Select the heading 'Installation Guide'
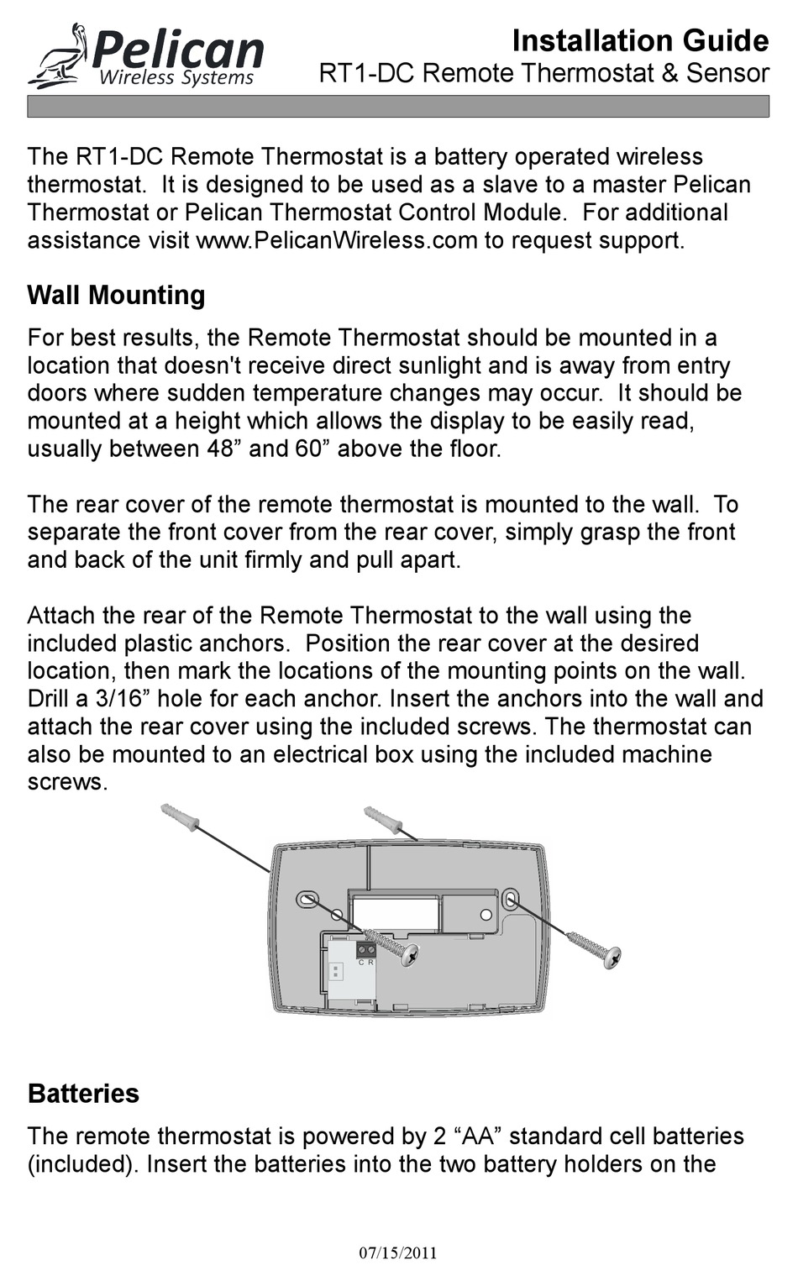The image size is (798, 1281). click(x=640, y=40)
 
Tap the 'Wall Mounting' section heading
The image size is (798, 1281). click(x=116, y=295)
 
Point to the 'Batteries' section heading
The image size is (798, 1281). click(x=83, y=1093)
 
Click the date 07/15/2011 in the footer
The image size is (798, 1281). click(x=398, y=1253)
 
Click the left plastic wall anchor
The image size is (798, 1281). click(x=179, y=816)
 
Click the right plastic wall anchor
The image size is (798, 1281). click(x=383, y=819)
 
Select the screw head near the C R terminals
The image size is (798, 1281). click(x=409, y=955)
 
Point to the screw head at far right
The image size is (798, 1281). click(x=612, y=956)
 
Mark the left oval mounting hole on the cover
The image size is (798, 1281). click(x=307, y=899)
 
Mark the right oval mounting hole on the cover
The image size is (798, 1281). click(x=510, y=900)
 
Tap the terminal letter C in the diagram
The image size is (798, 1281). click(x=361, y=963)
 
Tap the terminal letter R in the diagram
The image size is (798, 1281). click(x=370, y=963)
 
